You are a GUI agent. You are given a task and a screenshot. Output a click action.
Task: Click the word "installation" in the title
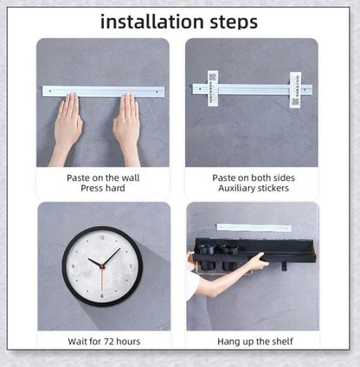tap(152, 22)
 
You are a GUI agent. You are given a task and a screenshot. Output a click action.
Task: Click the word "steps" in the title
tap(234, 23)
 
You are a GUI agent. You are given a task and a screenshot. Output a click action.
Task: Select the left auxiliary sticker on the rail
tap(213, 88)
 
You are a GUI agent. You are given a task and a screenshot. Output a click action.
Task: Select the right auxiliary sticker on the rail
tap(295, 90)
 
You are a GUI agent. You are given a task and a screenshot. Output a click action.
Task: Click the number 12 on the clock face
tap(102, 238)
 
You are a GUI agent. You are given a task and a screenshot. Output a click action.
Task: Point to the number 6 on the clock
tap(102, 296)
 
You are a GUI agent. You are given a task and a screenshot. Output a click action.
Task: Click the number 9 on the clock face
tap(73, 267)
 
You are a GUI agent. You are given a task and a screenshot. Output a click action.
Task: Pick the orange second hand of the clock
tap(101, 279)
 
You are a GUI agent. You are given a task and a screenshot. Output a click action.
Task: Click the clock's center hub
tap(102, 266)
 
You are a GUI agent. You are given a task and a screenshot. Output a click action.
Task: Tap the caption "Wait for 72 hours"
tap(104, 342)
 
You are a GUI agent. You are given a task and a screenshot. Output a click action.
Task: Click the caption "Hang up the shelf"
tap(255, 342)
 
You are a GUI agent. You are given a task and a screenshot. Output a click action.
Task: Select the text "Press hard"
tap(103, 188)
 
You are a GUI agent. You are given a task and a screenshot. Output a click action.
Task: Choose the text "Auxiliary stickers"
tap(254, 189)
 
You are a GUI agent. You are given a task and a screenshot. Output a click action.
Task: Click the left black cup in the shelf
tap(207, 256)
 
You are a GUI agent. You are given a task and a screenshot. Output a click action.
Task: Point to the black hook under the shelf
tap(285, 267)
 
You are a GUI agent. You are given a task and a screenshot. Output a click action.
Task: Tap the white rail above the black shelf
tap(254, 228)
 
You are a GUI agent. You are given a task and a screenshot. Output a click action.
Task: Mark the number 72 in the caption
tap(109, 342)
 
